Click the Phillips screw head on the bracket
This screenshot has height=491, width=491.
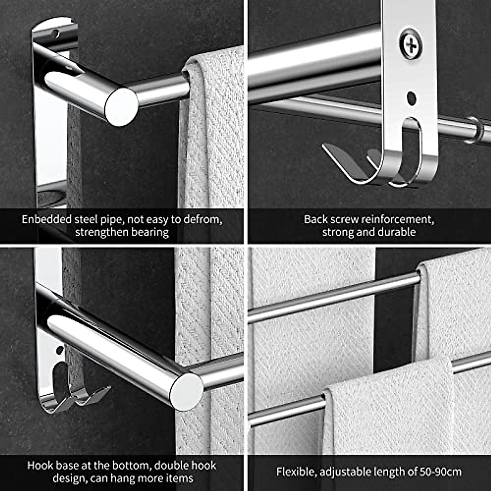(x=410, y=44)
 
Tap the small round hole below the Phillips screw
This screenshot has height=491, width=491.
(x=412, y=98)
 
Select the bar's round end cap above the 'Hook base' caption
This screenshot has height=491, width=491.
(x=187, y=391)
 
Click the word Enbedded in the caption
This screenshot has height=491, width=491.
(x=47, y=219)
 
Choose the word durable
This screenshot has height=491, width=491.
(x=396, y=232)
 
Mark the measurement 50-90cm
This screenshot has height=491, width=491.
(x=440, y=472)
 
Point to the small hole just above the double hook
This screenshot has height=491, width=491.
(x=60, y=350)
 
